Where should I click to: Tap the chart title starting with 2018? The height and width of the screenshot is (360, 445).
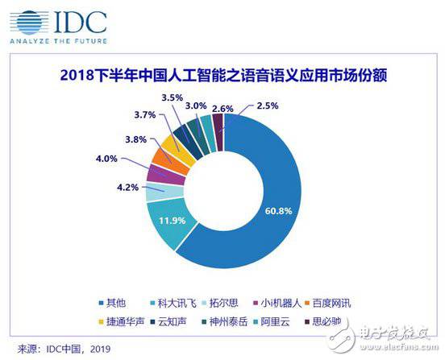pos(222,78)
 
